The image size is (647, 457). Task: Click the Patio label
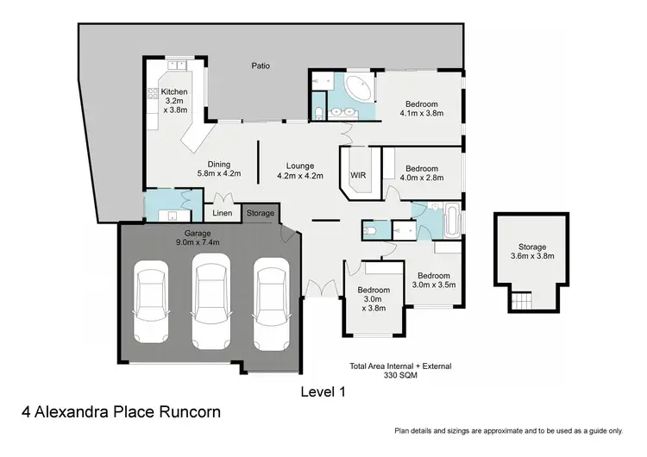261,65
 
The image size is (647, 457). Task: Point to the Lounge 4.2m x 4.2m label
300,170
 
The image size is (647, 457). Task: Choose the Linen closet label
222,213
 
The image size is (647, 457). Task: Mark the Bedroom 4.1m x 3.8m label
419,107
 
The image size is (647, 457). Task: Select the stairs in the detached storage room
520,303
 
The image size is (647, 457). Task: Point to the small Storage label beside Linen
261,213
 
